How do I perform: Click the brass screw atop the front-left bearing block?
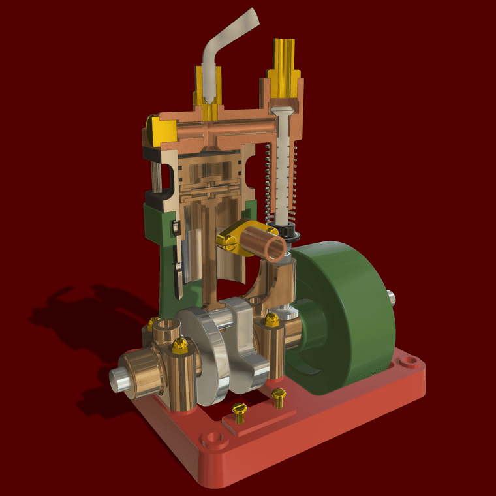coord(181,343)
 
